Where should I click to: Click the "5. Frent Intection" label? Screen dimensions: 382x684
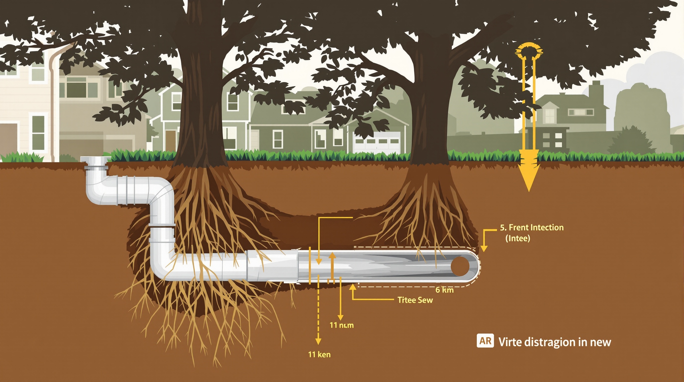[532, 228]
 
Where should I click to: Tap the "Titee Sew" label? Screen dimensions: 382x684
[415, 300]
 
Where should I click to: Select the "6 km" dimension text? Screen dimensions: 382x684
[444, 290]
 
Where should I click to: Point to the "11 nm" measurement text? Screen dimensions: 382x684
[342, 325]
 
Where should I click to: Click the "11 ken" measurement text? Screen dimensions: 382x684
[319, 354]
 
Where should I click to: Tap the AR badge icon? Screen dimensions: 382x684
[485, 341]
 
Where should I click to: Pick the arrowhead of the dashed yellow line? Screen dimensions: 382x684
[318, 341]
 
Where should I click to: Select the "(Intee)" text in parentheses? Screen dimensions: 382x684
[517, 238]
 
